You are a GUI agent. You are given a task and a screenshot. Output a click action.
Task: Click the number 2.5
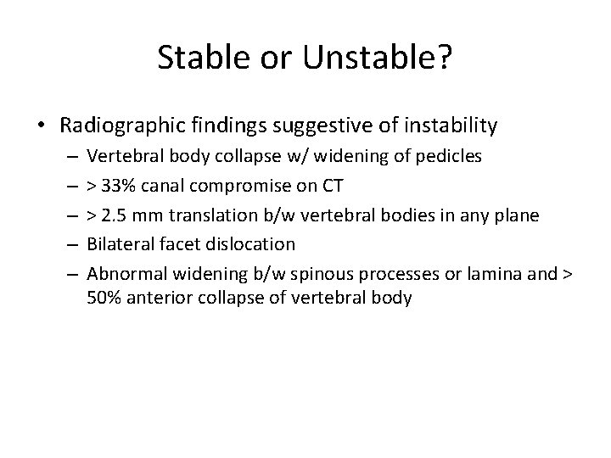point(114,215)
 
